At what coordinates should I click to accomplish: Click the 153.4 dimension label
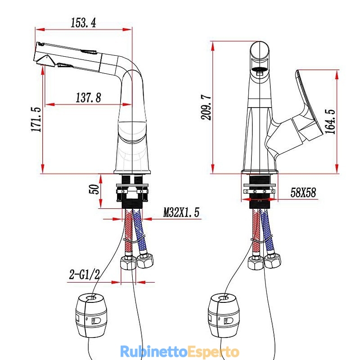[x=83, y=23]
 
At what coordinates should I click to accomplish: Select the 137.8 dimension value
[x=88, y=98]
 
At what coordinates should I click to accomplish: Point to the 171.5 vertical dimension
[x=36, y=119]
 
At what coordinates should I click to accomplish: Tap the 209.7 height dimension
[x=206, y=107]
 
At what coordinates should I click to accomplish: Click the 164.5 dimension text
[x=330, y=121]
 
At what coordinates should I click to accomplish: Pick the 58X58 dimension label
[x=303, y=193]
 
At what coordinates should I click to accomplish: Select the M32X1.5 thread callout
[x=181, y=212]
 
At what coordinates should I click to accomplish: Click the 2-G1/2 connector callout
[x=85, y=274]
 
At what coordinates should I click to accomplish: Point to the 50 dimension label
[x=94, y=189]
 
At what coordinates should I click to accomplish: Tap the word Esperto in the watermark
[x=213, y=352]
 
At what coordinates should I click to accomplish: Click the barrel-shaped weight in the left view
[x=91, y=315]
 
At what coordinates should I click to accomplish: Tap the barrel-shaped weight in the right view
[x=224, y=315]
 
